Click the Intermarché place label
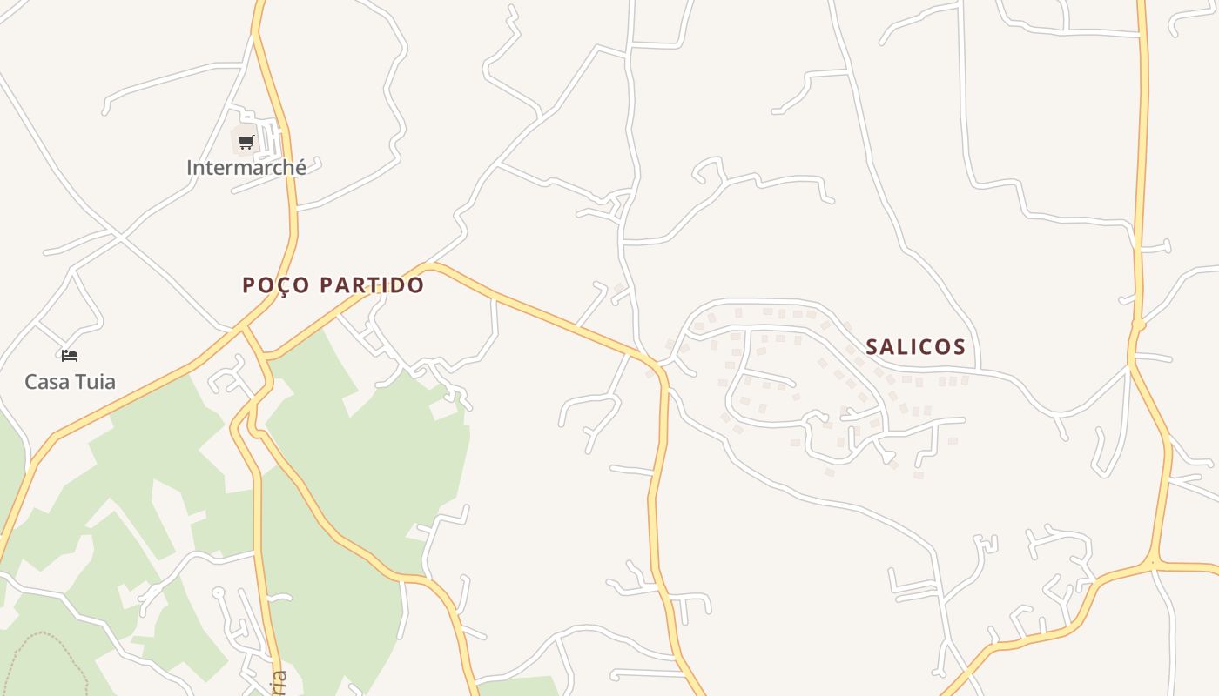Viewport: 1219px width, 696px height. point(246,167)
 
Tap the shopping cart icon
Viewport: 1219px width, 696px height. point(246,142)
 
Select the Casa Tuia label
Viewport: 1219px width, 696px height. point(70,381)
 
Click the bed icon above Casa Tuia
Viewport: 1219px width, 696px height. point(70,356)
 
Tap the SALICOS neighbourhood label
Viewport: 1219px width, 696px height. point(915,347)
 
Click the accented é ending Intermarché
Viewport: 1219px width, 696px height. point(300,167)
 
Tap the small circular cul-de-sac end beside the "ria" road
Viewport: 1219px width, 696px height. point(219,592)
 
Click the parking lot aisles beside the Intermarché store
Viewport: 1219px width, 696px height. point(271,139)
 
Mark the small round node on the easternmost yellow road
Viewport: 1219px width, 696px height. point(1138,325)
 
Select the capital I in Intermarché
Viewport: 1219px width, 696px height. point(190,167)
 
